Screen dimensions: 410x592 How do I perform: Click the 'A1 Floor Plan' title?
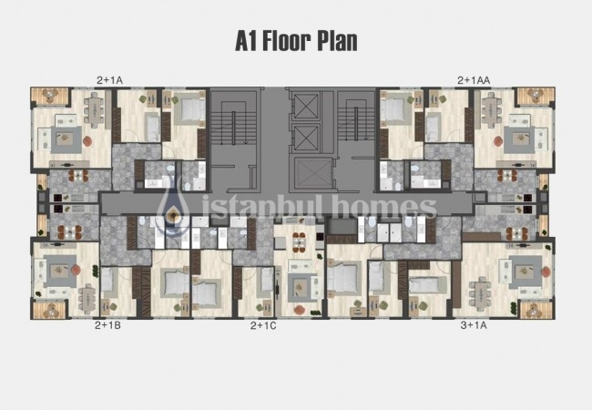tap(296, 41)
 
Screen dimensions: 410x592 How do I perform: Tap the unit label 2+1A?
tap(109, 80)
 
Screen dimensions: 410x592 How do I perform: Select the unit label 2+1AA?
tap(474, 80)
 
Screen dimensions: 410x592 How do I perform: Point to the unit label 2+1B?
tap(107, 324)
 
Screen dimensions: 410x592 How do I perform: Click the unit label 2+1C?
tap(264, 324)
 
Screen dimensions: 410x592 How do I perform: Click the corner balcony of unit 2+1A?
tap(43, 96)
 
